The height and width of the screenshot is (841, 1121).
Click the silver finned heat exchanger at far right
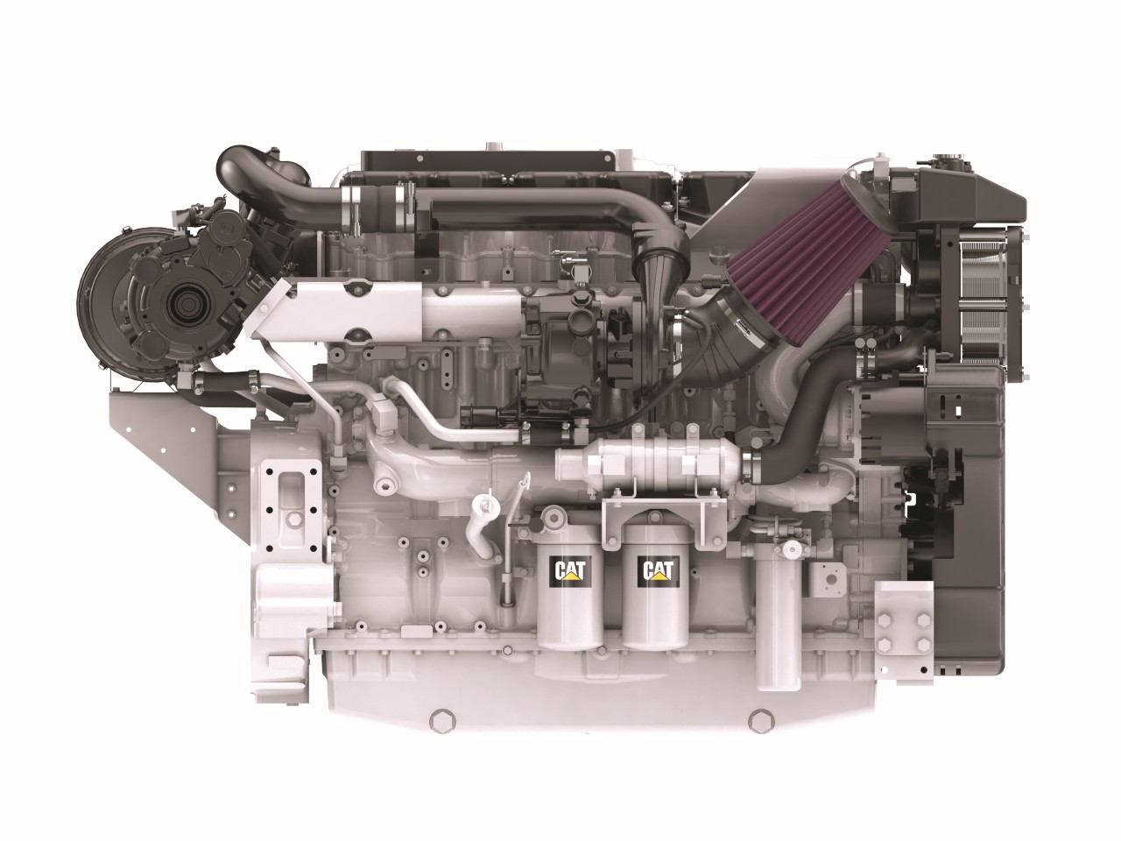(984, 307)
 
